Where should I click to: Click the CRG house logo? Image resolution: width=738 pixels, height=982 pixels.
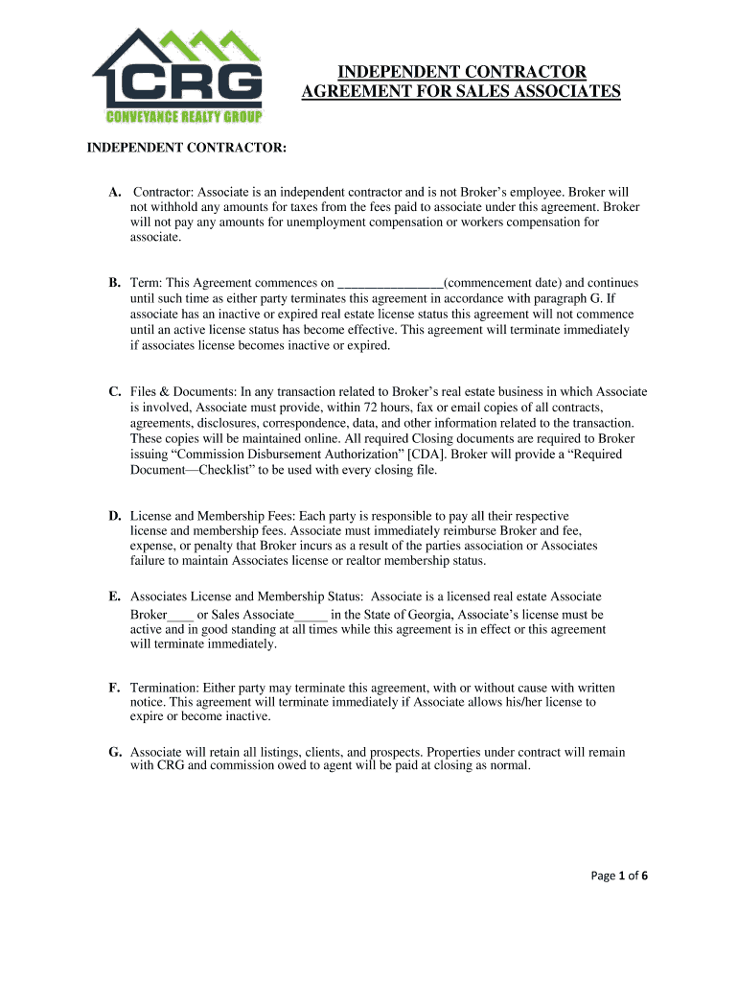(177, 71)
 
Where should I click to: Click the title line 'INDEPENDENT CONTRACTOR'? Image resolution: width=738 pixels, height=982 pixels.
(461, 72)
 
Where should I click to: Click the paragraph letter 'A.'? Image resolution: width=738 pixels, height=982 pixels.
(114, 192)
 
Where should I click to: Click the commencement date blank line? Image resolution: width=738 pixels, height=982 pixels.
(390, 283)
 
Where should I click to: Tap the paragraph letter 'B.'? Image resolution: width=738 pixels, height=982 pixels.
(114, 283)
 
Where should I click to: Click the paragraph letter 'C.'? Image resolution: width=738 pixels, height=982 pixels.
(114, 391)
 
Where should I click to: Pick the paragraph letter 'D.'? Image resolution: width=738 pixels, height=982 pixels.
(114, 515)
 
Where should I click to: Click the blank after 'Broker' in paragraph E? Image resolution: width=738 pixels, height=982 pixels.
(180, 615)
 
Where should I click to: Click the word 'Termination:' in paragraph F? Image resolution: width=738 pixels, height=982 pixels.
(164, 688)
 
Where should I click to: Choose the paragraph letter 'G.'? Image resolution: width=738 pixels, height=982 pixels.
(114, 752)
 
